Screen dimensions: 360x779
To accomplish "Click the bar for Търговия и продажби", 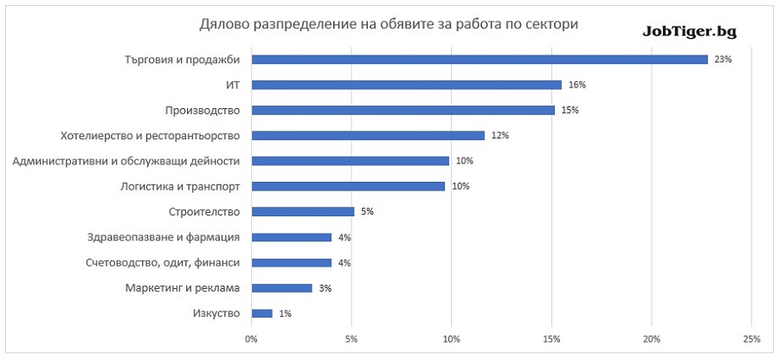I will [480, 60].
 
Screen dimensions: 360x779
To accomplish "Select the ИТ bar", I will [406, 85].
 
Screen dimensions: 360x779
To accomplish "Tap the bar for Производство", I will [402, 110].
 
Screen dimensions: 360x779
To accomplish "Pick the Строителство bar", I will [302, 211].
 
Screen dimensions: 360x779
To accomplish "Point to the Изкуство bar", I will [261, 313].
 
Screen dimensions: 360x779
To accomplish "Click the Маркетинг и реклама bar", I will [281, 288].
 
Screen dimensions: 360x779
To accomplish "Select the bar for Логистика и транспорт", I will [348, 186].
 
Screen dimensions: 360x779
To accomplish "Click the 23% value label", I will [724, 60].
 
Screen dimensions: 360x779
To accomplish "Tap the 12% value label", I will [500, 136].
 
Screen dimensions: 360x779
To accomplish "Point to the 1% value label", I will [286, 313].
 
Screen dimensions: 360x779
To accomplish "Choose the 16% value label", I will [577, 85].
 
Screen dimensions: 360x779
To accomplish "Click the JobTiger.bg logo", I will [689, 30].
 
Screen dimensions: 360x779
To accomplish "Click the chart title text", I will [389, 24].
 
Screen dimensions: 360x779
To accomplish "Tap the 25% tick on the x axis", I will [751, 338].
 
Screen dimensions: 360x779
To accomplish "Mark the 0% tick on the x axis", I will [251, 338].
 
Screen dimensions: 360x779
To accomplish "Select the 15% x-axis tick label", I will [551, 338].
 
